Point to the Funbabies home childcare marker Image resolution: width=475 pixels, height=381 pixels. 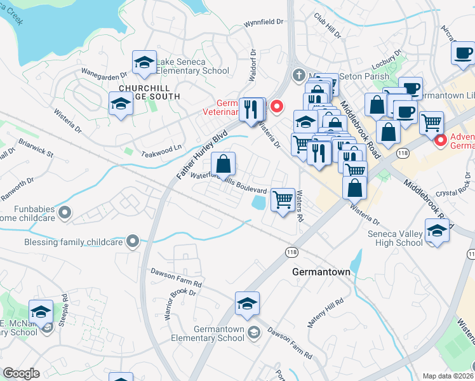(64, 211)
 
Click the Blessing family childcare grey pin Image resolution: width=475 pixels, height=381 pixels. (132, 241)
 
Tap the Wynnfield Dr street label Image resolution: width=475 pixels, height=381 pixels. (264, 22)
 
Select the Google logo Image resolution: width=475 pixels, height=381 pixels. (21, 373)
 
